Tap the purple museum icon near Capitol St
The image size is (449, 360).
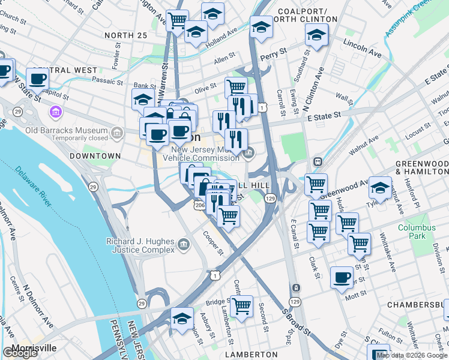pos(56,112)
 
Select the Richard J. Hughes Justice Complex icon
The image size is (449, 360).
pos(183,244)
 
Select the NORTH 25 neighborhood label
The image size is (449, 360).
pos(125,35)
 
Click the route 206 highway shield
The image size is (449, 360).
pos(199,206)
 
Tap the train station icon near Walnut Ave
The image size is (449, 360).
pos(316,162)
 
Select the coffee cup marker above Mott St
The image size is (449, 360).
pos(342,277)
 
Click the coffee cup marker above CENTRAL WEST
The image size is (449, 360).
pos(37,78)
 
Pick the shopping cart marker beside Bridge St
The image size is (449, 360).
pos(241,306)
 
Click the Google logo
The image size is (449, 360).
pos(20,353)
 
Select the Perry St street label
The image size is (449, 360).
pos(280,53)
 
